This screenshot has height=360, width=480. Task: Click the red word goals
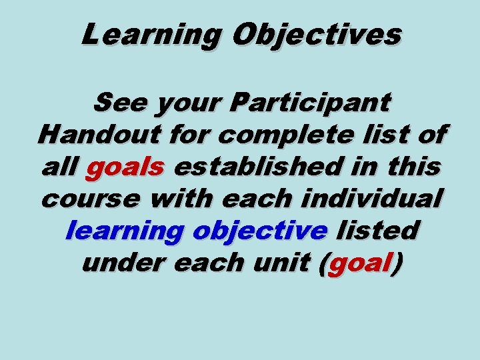pyautogui.click(x=125, y=167)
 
